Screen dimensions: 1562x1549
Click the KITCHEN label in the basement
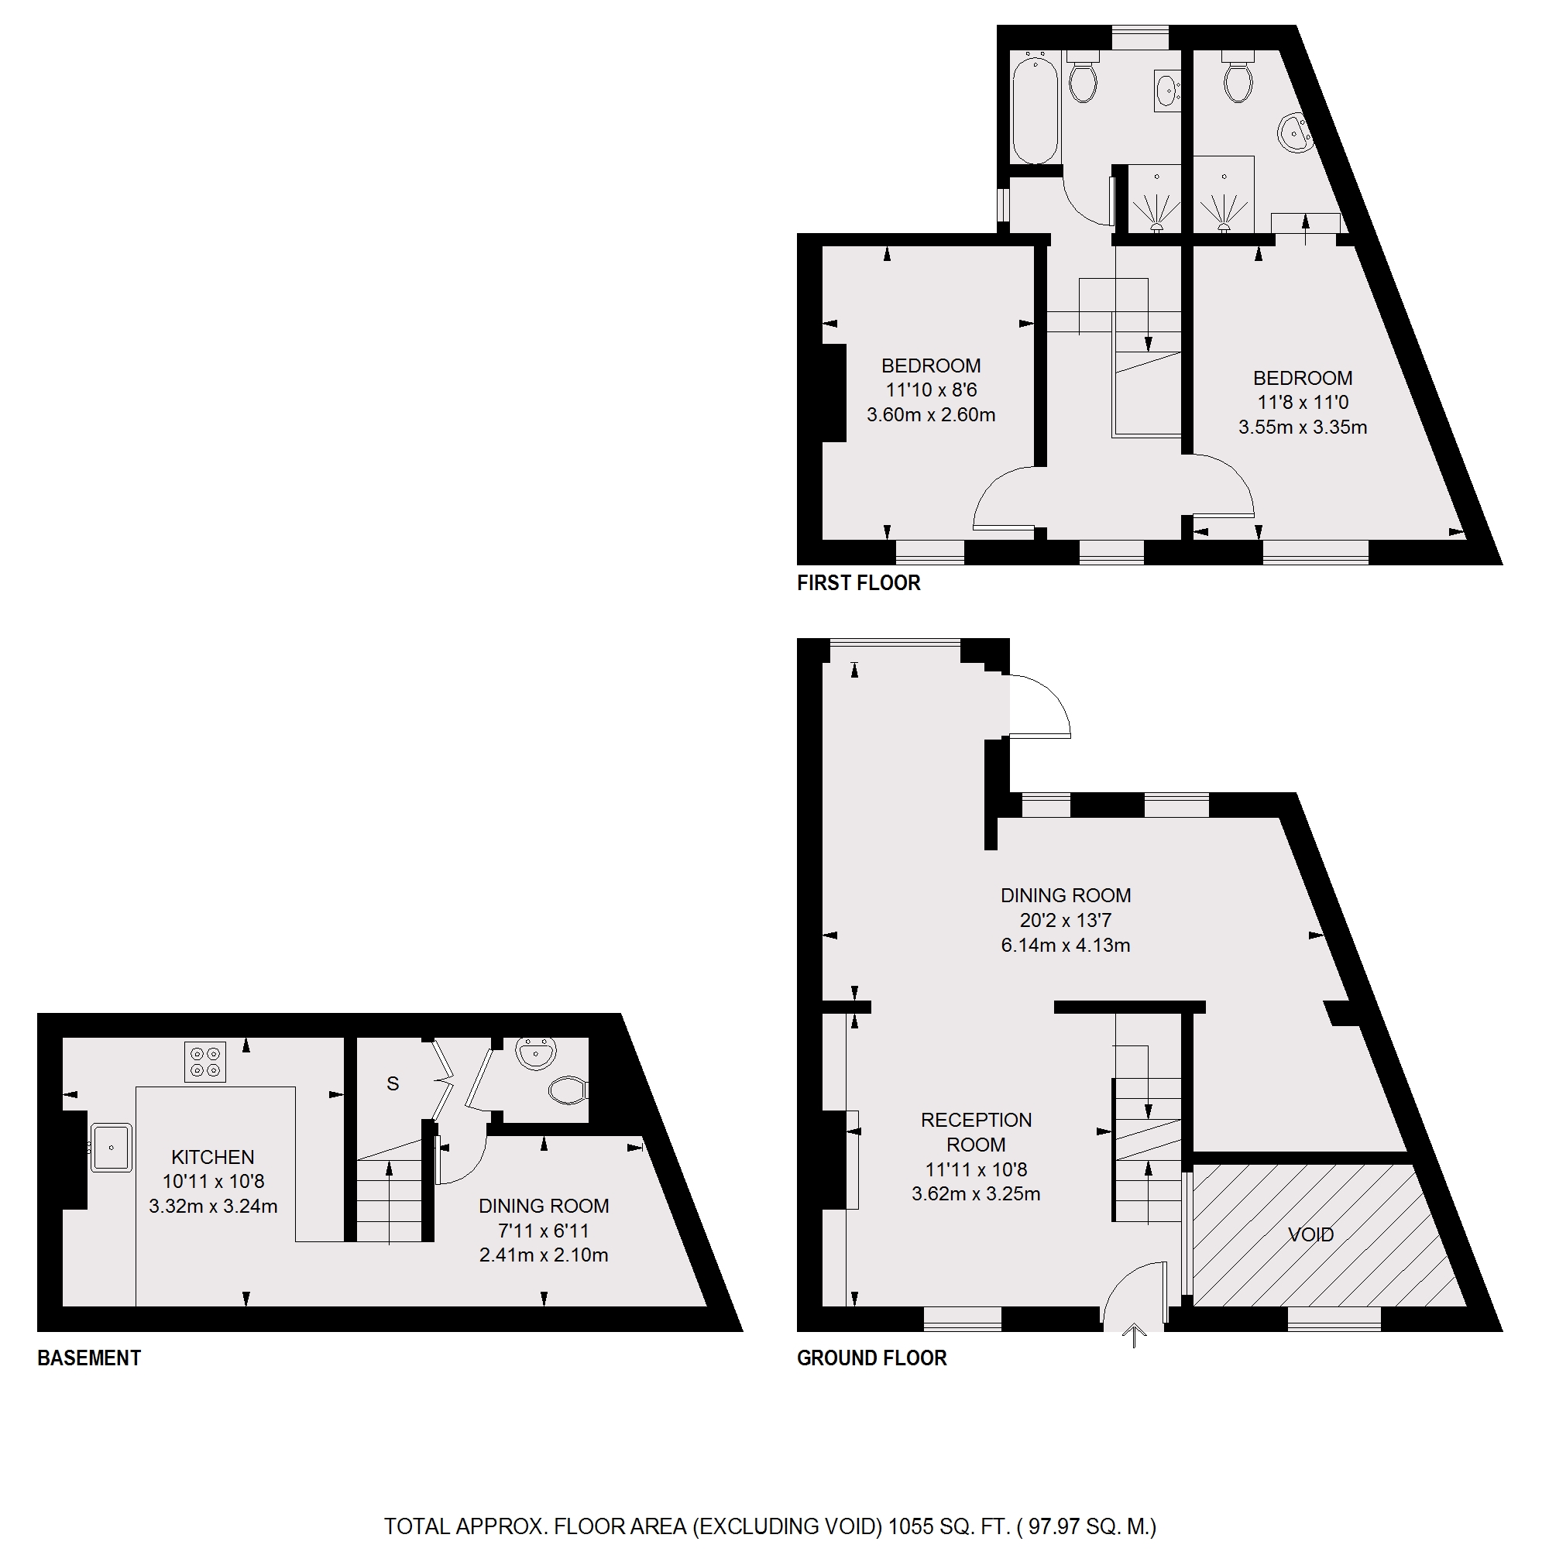click(213, 1157)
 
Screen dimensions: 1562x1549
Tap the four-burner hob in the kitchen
click(204, 1062)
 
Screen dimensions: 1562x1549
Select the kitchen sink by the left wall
click(111, 1146)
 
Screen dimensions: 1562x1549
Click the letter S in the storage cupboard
click(393, 1083)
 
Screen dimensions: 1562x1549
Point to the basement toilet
click(568, 1090)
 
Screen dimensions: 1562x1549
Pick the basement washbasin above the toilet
click(536, 1053)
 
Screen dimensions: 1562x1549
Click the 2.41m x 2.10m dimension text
click(543, 1255)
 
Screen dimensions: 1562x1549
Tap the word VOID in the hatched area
click(1310, 1234)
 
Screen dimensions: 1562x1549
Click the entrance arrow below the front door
click(1135, 1336)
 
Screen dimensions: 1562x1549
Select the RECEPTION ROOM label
click(976, 1132)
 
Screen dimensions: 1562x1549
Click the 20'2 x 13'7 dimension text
click(1065, 920)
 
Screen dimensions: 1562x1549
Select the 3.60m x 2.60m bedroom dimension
click(930, 415)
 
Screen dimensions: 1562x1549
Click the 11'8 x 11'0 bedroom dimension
click(1303, 402)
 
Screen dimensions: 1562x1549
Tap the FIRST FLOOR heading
click(858, 583)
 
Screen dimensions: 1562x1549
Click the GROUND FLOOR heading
click(871, 1358)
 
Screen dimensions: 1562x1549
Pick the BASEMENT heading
click(89, 1358)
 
